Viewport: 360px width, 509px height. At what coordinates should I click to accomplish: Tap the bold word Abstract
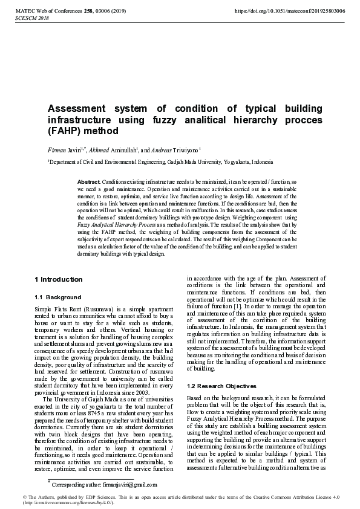[x=89, y=182]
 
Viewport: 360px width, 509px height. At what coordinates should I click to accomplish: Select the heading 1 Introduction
[x=59, y=279]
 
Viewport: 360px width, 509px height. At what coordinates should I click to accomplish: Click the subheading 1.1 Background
[x=55, y=297]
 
